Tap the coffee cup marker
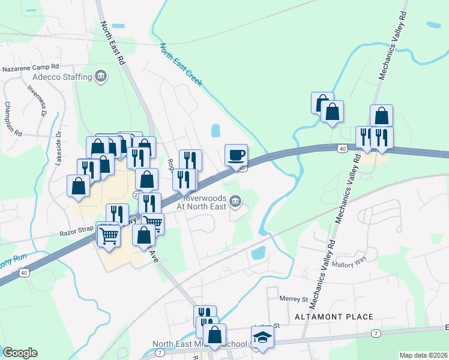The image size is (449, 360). (x=236, y=154)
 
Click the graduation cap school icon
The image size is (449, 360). (x=262, y=338)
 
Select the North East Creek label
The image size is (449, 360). (x=182, y=64)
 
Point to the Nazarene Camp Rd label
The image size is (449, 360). (x=30, y=68)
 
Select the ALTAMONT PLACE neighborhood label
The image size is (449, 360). (x=334, y=316)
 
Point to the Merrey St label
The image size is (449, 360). (x=294, y=298)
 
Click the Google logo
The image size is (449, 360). (x=20, y=352)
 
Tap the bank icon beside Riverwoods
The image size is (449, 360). (x=236, y=205)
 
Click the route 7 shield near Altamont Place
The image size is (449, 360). (x=375, y=333)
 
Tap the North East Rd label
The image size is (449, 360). (x=113, y=43)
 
